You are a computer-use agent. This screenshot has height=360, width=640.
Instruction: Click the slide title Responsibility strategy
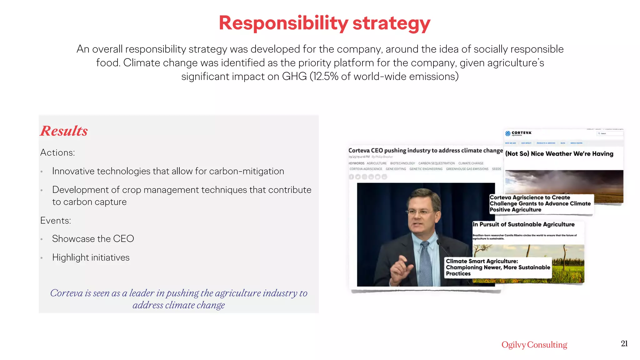[324, 23]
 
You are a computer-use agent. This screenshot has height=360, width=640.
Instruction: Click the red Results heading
[64, 131]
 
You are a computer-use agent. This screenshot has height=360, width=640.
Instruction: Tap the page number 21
[624, 343]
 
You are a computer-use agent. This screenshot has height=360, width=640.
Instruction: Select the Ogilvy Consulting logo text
[534, 344]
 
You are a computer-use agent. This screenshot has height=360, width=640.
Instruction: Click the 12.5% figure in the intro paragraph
[326, 77]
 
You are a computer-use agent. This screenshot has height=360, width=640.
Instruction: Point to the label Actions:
[57, 152]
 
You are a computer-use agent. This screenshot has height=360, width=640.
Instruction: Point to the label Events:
[56, 221]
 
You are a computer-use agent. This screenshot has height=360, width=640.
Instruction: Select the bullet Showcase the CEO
[93, 239]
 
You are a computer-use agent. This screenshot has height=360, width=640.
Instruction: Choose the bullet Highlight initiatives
[91, 257]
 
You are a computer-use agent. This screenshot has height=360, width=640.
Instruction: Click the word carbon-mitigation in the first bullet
[246, 171]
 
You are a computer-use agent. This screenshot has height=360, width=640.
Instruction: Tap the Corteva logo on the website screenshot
[518, 133]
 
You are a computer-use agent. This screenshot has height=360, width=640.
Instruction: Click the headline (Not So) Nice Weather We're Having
[559, 154]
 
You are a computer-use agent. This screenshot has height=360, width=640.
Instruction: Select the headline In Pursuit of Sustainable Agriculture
[523, 224]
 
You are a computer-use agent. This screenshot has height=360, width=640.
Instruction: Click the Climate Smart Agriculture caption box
[497, 267]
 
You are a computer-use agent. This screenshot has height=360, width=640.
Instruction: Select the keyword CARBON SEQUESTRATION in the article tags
[436, 163]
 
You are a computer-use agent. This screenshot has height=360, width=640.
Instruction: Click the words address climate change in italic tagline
[178, 305]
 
